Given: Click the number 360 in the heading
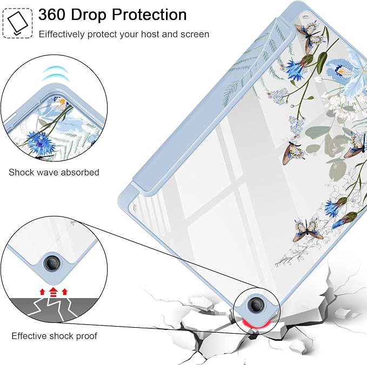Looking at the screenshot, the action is click(x=52, y=15).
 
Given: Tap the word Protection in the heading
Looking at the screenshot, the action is click(x=149, y=15).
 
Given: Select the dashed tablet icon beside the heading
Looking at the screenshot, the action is click(x=17, y=23).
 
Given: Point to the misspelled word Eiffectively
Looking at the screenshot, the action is click(x=62, y=35).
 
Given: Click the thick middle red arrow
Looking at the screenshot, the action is click(x=54, y=292).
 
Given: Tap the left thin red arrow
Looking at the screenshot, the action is click(x=42, y=292).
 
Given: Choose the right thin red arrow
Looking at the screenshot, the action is click(x=65, y=292).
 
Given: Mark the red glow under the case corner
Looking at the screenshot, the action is click(x=256, y=324).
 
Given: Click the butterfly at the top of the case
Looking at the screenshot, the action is click(x=310, y=37).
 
